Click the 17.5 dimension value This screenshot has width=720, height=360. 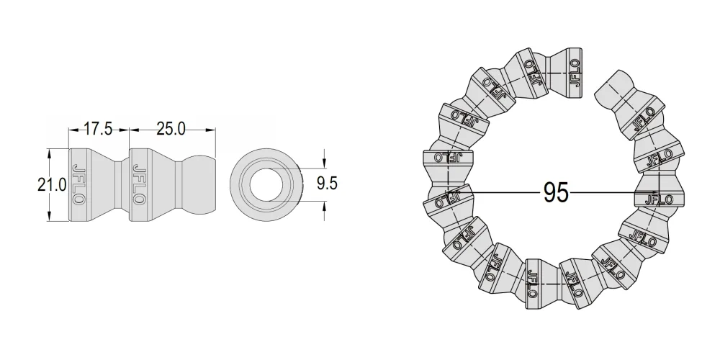coord(98,129)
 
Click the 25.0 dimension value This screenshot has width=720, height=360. coord(171,129)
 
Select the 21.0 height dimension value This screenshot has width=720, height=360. coord(52,185)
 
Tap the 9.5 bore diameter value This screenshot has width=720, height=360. coord(327,183)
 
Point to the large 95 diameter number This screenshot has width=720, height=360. coord(556,192)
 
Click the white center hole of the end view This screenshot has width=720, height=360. coord(266,184)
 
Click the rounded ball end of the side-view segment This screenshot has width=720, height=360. coord(199,184)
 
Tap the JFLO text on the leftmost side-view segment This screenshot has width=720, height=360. coord(78,184)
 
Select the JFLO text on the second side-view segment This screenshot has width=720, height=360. coord(139,184)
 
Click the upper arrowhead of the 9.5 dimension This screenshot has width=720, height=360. coord(324,163)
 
